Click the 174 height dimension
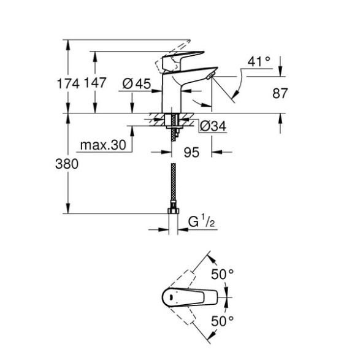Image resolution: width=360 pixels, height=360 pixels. tap(68, 83)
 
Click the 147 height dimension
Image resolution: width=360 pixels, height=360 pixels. tap(95, 82)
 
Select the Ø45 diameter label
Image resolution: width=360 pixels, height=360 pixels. tap(137, 83)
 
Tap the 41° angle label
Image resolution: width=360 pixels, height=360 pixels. tap(259, 61)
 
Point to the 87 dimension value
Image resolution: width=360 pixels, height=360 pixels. tap(280, 93)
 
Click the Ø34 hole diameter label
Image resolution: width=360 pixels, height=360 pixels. tap(213, 126)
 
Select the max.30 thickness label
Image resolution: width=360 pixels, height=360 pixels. tap(103, 145)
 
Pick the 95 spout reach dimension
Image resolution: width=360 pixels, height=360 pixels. tap(191, 152)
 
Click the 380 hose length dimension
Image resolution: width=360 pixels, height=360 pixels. tap(67, 164)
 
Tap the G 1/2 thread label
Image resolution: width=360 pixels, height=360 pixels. tap(201, 221)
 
